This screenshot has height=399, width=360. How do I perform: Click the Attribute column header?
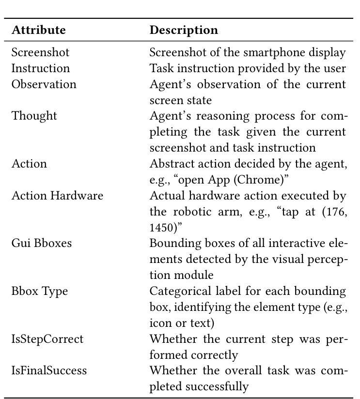click(x=38, y=30)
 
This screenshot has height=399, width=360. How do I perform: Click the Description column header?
click(x=184, y=30)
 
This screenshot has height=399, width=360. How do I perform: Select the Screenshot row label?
click(x=40, y=52)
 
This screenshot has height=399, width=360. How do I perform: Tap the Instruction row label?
click(x=41, y=68)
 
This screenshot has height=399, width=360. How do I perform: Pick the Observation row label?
click(x=44, y=84)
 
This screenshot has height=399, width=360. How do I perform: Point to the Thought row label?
click(x=34, y=116)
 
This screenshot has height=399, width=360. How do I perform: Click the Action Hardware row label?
click(x=57, y=196)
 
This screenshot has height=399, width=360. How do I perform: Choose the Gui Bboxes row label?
click(x=41, y=243)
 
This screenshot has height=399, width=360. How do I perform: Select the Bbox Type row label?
click(x=40, y=291)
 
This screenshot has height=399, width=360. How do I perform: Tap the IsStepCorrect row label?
click(x=47, y=339)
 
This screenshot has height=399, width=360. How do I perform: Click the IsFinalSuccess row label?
click(x=49, y=371)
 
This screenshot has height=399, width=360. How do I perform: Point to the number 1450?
click(x=162, y=228)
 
